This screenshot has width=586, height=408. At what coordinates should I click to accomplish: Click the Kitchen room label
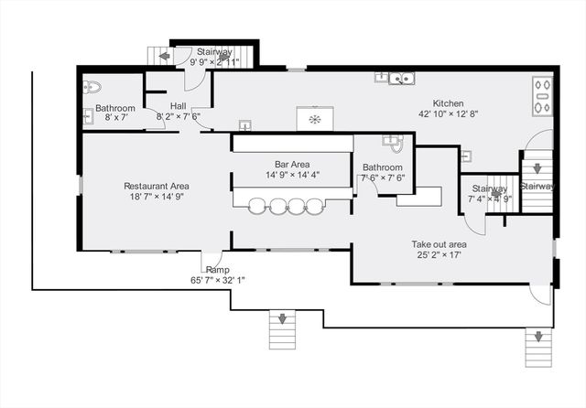tap(448, 103)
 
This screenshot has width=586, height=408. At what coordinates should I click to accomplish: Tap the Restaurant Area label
tap(157, 186)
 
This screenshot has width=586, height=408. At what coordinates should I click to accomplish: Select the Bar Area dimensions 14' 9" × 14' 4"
tap(292, 175)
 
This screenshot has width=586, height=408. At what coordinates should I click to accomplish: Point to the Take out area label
tap(439, 244)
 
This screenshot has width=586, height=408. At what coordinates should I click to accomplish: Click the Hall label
tap(179, 106)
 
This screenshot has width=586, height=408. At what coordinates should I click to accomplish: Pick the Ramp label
tap(218, 270)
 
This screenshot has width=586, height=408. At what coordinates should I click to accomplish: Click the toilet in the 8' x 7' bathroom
tap(92, 87)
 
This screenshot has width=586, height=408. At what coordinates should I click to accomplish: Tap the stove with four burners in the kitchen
tap(542, 96)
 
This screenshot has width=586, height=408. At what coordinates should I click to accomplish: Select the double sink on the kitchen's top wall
tap(401, 79)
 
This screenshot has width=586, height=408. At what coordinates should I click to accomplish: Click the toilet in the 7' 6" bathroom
tap(396, 145)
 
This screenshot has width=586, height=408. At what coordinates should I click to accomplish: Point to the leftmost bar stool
tap(256, 207)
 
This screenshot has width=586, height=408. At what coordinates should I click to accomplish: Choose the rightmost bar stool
tap(314, 207)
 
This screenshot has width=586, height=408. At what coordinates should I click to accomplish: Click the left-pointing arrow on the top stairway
tap(165, 57)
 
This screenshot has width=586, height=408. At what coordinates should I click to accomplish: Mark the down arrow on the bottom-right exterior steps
tap(538, 337)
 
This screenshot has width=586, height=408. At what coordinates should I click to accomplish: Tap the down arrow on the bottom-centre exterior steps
tap(282, 318)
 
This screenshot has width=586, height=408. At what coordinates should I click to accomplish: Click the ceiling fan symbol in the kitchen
tap(315, 120)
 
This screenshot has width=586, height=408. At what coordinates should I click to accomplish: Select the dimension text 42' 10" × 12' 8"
tap(448, 113)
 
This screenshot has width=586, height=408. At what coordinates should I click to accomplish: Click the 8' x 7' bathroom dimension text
tap(116, 118)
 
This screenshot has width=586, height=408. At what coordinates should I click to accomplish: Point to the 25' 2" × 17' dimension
tap(439, 255)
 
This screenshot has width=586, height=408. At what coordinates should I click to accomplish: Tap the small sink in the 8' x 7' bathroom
tap(88, 115)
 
